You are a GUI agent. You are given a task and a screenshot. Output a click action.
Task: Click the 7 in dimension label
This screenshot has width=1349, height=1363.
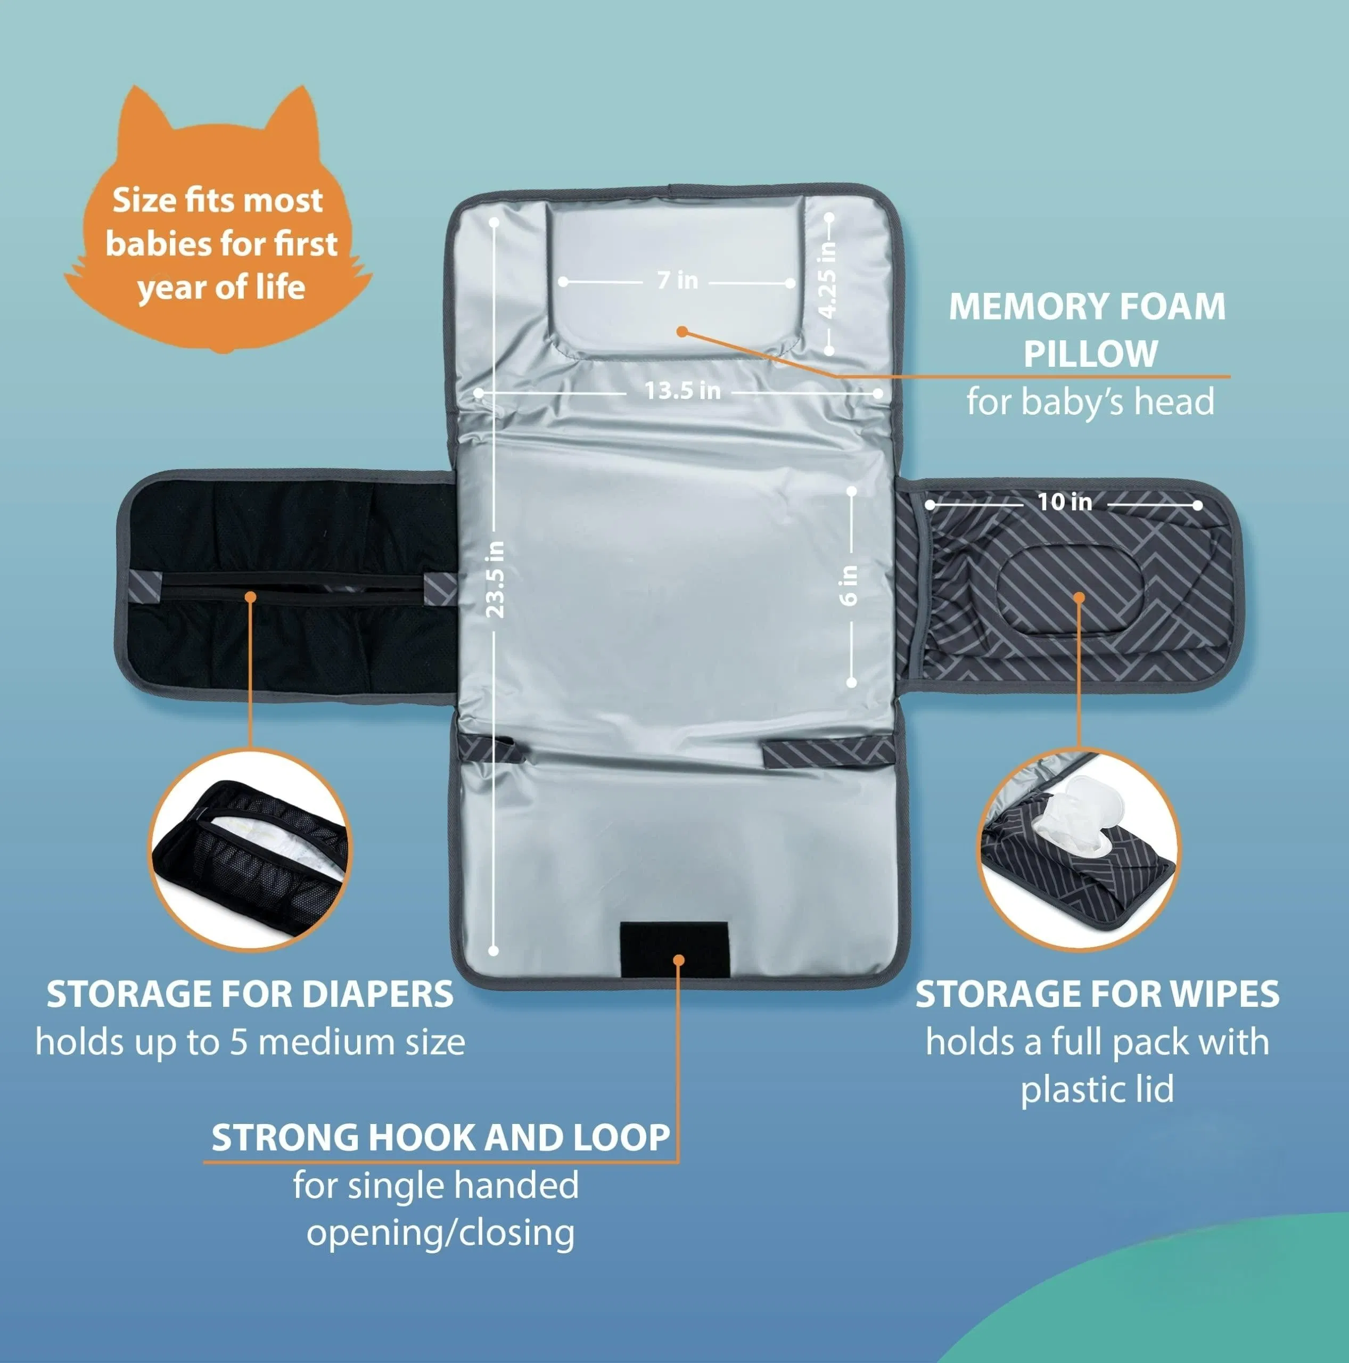(x=677, y=281)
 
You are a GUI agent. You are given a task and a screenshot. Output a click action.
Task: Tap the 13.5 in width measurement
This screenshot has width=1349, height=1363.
(x=682, y=391)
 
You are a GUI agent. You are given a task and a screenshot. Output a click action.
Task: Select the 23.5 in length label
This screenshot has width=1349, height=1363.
(x=496, y=579)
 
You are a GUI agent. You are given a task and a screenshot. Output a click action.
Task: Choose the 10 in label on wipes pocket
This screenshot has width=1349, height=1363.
(x=1064, y=502)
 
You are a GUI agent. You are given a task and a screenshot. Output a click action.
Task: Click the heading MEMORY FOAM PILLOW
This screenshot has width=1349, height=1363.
(x=1088, y=330)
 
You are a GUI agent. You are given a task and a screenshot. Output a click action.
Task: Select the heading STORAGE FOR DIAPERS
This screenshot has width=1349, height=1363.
(x=250, y=995)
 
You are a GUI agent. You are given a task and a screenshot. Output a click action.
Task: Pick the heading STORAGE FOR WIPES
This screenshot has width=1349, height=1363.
(x=1097, y=995)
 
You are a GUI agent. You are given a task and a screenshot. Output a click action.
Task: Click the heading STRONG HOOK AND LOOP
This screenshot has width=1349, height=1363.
(x=440, y=1137)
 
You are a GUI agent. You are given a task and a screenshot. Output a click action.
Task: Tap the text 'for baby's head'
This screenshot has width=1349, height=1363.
(x=1090, y=402)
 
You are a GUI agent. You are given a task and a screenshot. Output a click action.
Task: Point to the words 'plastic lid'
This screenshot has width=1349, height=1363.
(x=1097, y=1089)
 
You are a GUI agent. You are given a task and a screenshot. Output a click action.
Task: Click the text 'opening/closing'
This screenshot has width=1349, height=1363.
(x=440, y=1233)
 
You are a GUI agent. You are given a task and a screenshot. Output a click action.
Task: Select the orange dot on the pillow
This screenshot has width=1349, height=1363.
(x=681, y=331)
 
